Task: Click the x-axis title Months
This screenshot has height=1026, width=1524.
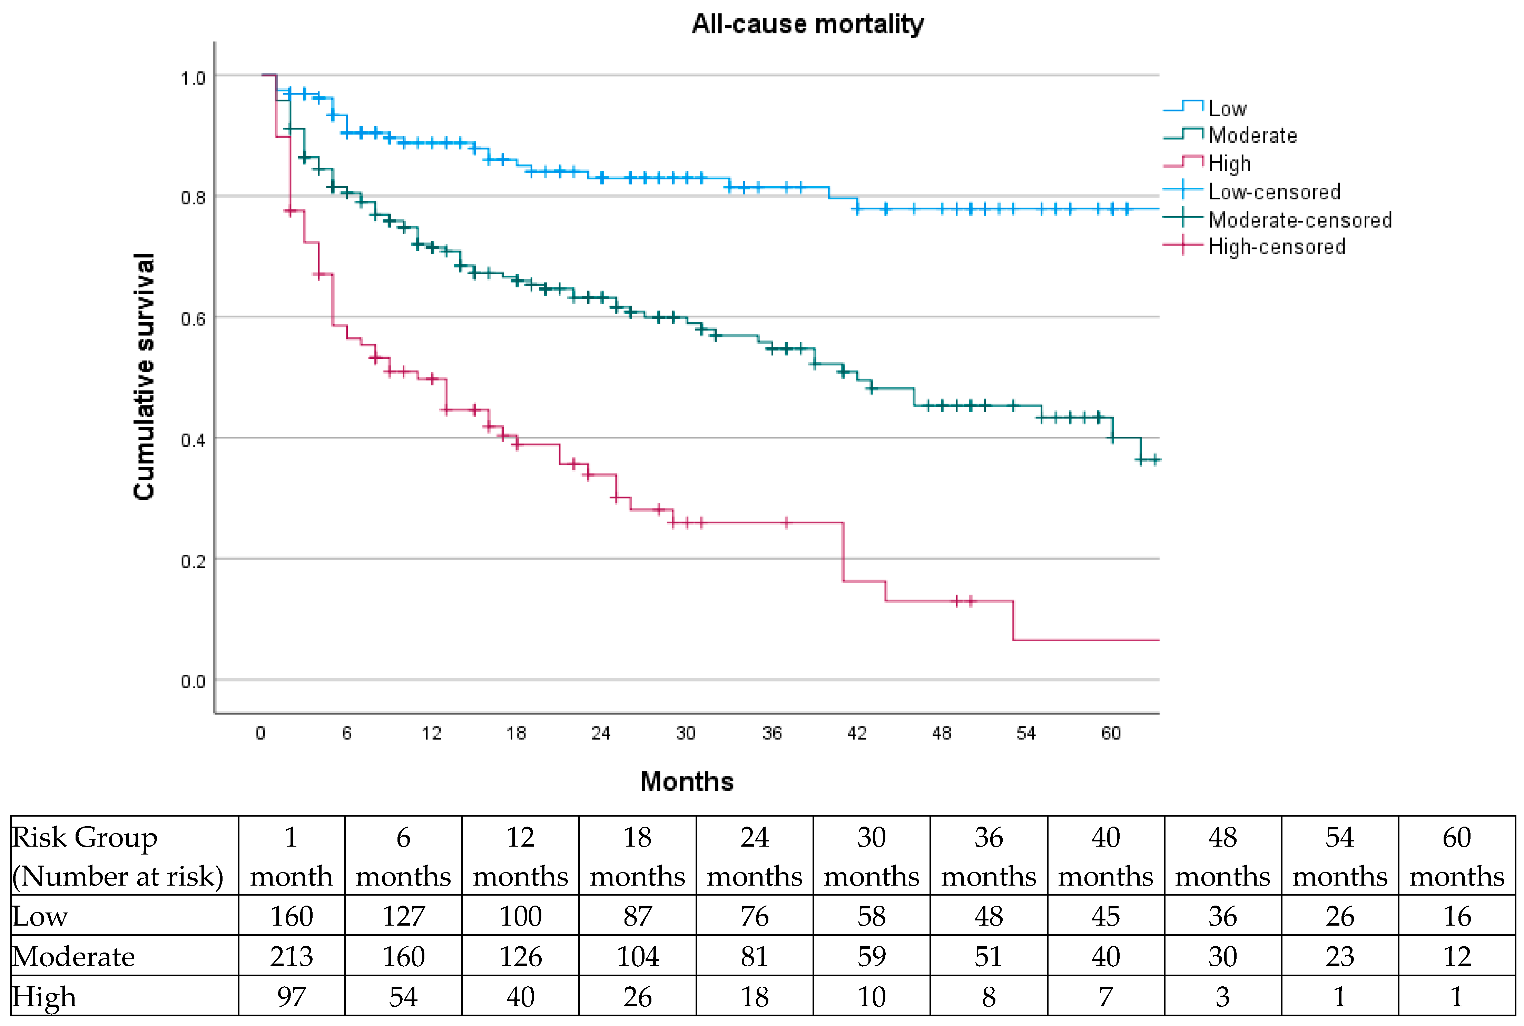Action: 687,781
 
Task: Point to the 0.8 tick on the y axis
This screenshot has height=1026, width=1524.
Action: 193,197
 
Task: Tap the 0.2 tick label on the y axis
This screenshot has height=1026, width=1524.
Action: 193,561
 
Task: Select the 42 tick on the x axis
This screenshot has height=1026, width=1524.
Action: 857,733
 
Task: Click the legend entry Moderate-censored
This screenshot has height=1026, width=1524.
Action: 1277,219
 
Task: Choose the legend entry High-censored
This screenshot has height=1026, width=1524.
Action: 1255,247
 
